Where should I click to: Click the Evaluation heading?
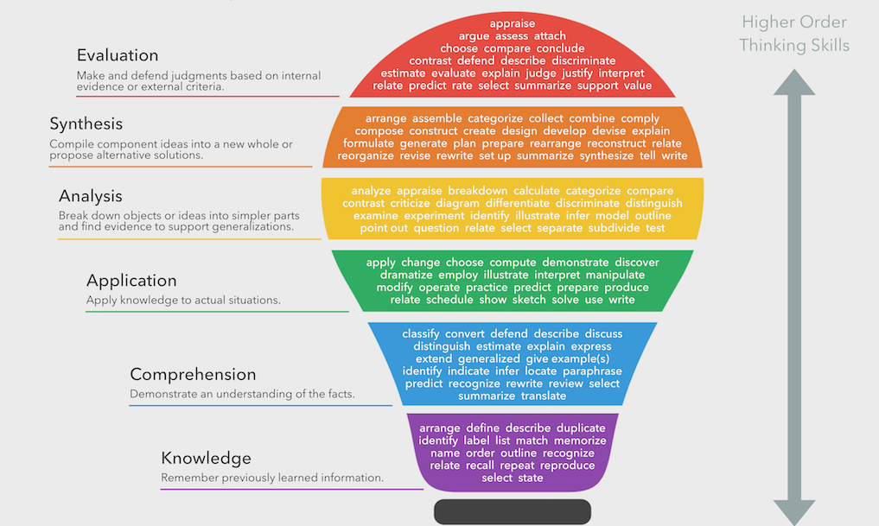click(x=118, y=56)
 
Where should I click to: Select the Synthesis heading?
click(x=86, y=124)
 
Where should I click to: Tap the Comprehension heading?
click(x=193, y=375)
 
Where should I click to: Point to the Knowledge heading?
click(x=206, y=459)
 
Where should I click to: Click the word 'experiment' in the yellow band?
click(x=434, y=215)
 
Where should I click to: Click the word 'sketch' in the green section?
click(x=529, y=300)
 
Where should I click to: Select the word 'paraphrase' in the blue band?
click(x=592, y=371)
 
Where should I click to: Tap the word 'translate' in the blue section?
click(x=544, y=396)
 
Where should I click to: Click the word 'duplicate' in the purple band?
click(x=581, y=428)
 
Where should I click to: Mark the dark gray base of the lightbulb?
click(x=512, y=511)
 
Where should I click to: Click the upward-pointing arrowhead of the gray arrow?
click(x=793, y=83)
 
